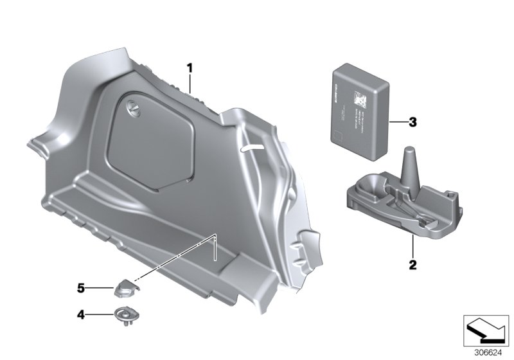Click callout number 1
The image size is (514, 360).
coord(190,67)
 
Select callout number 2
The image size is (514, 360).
coord(412,264)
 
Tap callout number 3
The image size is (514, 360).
coord(413,120)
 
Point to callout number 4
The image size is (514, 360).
coord(81,314)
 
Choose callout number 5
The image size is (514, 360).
coord(81,289)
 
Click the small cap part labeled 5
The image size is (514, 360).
coord(124,289)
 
